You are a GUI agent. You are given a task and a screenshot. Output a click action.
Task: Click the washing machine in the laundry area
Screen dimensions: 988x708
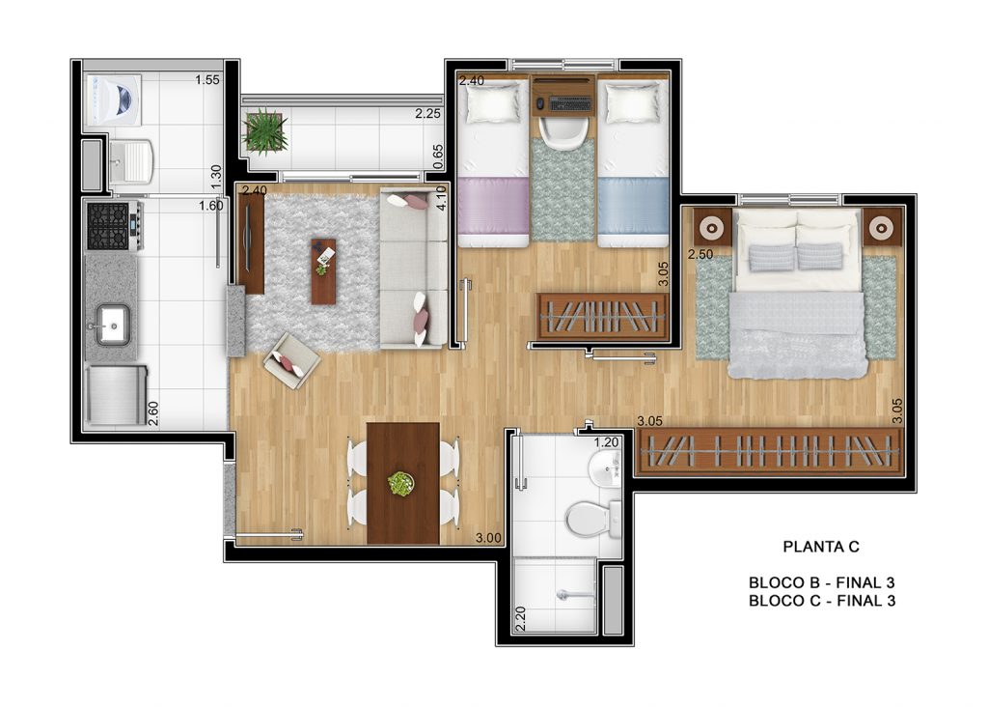(114, 100)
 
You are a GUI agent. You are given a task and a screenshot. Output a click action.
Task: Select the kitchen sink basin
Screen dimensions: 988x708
(114, 325)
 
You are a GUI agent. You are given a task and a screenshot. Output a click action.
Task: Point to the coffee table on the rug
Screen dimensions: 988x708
(323, 271)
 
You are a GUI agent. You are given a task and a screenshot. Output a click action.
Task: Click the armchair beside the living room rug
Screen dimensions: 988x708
(291, 360)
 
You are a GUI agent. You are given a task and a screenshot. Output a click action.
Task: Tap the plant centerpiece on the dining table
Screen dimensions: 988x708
(400, 484)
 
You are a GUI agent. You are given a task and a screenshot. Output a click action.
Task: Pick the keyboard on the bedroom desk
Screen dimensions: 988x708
(571, 102)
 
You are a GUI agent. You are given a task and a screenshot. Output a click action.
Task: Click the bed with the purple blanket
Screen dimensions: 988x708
(493, 161)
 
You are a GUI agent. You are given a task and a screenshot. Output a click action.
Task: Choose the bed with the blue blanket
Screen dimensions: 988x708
(633, 161)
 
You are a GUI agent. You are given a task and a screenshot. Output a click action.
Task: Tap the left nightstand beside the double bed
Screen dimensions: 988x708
(713, 227)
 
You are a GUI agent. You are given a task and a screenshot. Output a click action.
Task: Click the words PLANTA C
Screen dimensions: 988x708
(821, 547)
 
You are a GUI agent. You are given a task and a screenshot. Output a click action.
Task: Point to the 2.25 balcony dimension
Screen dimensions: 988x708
(427, 114)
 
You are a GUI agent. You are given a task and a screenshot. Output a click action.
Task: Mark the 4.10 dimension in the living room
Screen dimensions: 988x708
(441, 198)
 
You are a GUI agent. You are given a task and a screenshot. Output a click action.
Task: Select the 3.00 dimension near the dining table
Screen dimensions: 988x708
(488, 538)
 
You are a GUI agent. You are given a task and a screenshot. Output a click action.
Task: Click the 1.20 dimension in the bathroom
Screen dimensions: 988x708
(607, 443)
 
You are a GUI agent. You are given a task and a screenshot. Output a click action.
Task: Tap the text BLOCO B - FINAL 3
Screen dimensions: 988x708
(822, 582)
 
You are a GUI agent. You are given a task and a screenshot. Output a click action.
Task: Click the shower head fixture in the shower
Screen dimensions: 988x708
(573, 594)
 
